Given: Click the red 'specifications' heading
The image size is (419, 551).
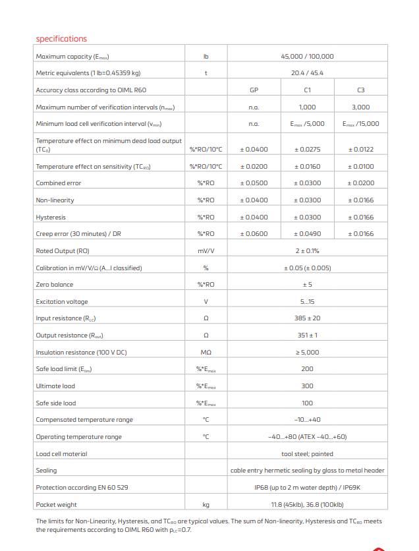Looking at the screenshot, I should tap(61, 39).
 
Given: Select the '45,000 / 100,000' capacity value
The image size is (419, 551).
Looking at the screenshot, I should tap(307, 57).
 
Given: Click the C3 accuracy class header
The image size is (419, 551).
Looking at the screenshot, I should tap(360, 90).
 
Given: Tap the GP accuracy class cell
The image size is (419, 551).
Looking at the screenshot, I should tap(254, 90).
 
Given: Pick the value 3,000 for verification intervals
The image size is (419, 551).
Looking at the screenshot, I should tap(360, 107).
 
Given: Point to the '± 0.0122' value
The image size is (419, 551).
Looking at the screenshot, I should tap(360, 150).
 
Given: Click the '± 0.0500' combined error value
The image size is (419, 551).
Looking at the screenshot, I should tap(254, 183).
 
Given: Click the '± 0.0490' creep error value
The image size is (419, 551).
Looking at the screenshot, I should tap(307, 234).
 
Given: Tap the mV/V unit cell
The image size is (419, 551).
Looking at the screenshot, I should tap(206, 251).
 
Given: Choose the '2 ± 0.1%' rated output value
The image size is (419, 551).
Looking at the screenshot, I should tap(307, 251).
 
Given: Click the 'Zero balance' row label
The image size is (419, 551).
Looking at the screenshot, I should tap(55, 285).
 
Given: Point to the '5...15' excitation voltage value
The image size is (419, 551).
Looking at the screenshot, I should tap(307, 302).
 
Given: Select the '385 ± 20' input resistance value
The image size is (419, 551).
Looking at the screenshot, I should tap(307, 318).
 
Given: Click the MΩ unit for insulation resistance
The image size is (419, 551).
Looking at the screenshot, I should tap(206, 353).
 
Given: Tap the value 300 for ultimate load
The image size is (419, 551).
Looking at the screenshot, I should tap(307, 386).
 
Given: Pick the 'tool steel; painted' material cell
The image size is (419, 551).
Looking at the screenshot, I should tap(307, 453).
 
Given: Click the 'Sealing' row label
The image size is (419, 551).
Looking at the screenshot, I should tap(46, 471).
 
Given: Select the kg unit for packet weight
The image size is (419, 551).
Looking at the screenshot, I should tap(206, 505).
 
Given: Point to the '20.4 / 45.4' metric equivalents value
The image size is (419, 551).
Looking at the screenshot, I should tap(307, 73).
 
